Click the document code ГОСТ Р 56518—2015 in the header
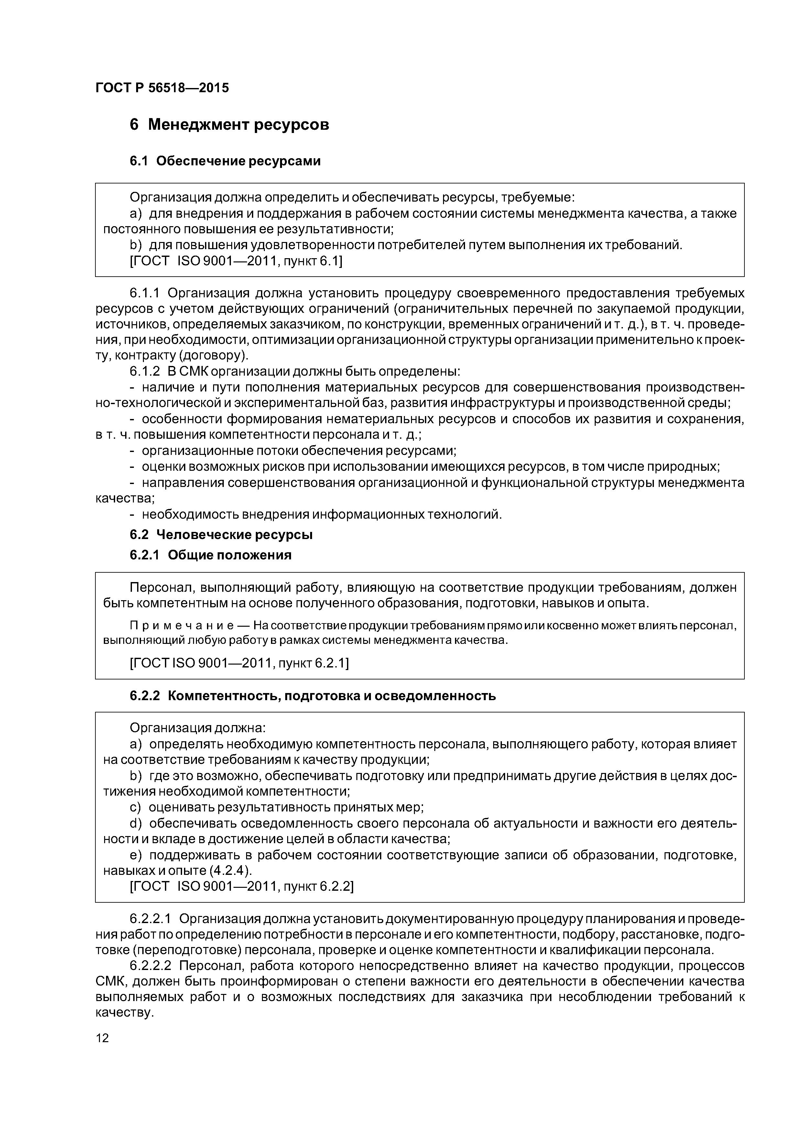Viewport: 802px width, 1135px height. tap(162, 88)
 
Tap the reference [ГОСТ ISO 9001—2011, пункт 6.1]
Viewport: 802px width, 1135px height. tap(236, 261)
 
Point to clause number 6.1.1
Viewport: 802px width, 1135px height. tap(145, 293)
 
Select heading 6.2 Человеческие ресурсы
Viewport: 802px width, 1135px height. tap(221, 535)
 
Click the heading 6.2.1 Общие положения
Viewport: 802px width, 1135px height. tap(211, 555)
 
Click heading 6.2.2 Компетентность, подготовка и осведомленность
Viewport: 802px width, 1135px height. tap(312, 696)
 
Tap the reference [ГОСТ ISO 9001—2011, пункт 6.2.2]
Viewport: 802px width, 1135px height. tap(241, 887)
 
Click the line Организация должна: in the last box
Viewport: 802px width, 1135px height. tap(197, 728)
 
